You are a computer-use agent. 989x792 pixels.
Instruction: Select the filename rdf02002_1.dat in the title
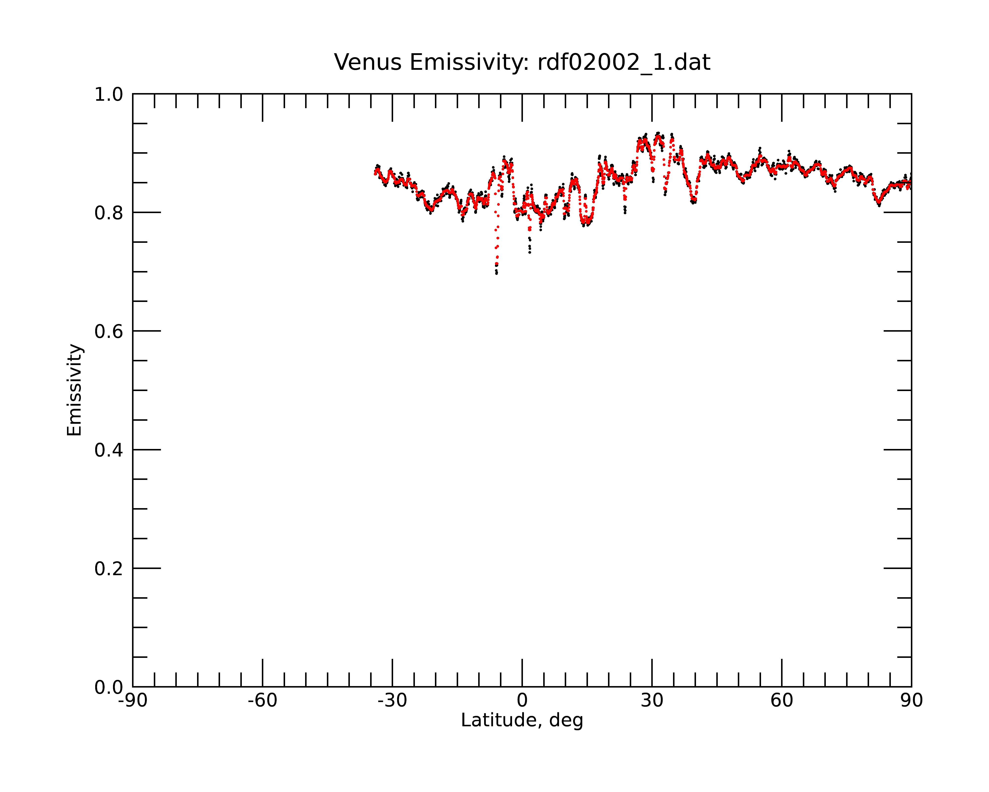click(624, 62)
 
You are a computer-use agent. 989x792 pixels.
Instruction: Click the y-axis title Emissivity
click(74, 390)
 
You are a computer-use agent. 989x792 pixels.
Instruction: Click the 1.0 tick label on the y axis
click(109, 95)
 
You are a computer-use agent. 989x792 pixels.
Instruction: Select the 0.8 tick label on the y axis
click(109, 213)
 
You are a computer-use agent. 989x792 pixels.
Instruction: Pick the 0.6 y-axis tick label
click(109, 331)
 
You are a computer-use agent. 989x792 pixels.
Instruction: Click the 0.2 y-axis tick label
click(109, 569)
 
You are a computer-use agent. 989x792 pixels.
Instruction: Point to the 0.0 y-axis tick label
click(109, 687)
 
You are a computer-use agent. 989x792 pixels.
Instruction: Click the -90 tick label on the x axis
click(133, 701)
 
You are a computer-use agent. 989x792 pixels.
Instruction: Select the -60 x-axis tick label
click(262, 701)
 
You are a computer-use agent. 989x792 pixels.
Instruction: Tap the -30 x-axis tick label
click(392, 701)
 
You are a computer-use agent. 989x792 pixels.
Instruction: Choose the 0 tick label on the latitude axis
click(522, 701)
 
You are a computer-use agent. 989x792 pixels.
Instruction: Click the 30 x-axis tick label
click(652, 701)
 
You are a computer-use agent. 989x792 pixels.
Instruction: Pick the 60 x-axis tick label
click(782, 701)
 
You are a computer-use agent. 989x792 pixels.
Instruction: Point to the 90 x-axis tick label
click(911, 701)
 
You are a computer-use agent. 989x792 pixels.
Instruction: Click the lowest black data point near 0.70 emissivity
click(496, 274)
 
